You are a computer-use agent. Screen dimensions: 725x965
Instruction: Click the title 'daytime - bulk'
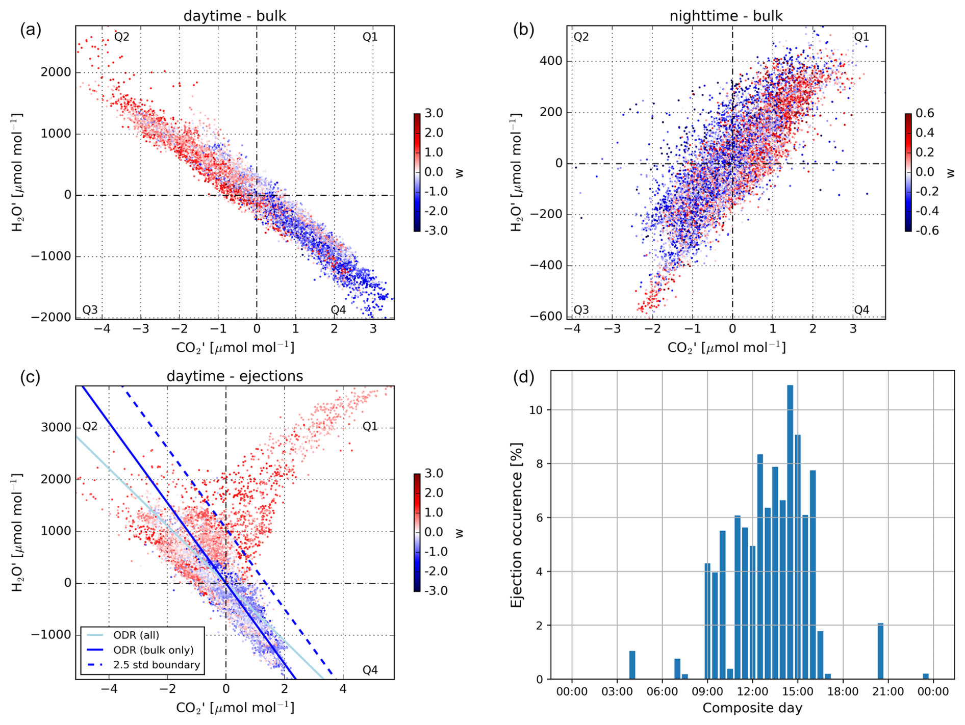(x=235, y=16)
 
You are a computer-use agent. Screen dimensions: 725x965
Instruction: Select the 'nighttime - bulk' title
(x=726, y=16)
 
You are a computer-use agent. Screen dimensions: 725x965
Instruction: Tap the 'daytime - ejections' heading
(x=235, y=376)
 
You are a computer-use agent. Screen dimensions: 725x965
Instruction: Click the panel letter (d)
(x=523, y=377)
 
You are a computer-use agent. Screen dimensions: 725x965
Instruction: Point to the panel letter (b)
(x=523, y=31)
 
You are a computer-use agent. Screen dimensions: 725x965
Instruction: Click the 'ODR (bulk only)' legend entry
(x=153, y=650)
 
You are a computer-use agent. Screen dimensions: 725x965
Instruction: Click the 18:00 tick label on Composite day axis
(x=843, y=692)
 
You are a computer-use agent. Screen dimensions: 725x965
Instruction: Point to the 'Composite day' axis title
(x=752, y=708)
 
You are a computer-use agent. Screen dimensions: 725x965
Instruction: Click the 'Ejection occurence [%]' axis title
(x=517, y=525)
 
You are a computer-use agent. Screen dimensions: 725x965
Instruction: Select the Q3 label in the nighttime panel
(x=581, y=309)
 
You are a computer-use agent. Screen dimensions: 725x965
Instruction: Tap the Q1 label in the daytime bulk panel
(x=370, y=37)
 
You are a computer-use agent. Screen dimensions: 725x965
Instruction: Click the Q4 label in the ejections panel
(x=370, y=670)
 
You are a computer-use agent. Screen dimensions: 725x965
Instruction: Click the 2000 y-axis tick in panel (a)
(x=56, y=72)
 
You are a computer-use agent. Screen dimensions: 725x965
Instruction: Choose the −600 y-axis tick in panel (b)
(x=545, y=316)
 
